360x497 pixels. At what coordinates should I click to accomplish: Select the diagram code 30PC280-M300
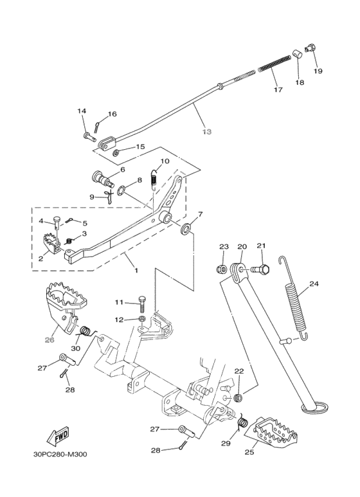click(x=60, y=455)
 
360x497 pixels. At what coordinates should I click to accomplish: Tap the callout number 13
click(x=206, y=132)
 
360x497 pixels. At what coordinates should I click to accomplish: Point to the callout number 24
click(x=314, y=284)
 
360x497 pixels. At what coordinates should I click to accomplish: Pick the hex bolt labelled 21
click(x=260, y=270)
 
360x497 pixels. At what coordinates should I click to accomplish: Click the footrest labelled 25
click(x=271, y=430)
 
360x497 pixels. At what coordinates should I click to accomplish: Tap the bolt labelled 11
click(x=142, y=303)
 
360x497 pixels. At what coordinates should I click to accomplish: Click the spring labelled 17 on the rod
click(x=278, y=64)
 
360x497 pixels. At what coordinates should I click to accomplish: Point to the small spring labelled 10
click(x=154, y=179)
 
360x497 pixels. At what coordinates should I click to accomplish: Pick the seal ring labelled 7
click(x=186, y=229)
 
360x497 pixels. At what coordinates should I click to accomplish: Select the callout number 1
click(x=136, y=271)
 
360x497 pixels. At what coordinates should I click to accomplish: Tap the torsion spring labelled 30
click(x=85, y=332)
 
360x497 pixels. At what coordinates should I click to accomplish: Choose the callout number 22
click(x=239, y=371)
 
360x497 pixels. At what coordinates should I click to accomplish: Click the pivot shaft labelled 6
click(x=104, y=179)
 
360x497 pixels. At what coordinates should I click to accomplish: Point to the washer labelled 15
click(x=116, y=153)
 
